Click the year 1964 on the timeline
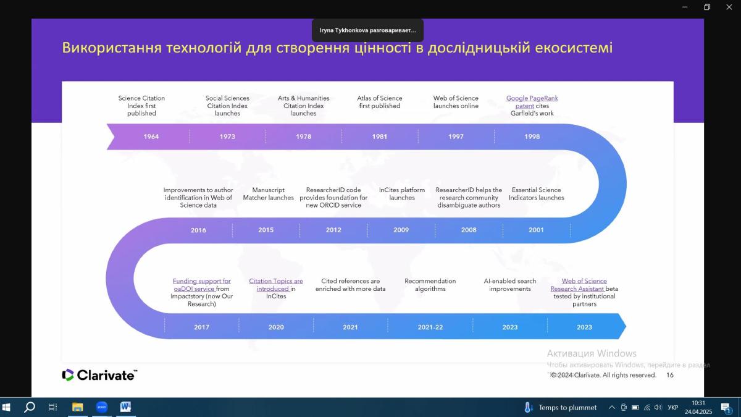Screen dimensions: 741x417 pyautogui.click(x=151, y=137)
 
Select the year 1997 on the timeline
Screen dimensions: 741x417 pyautogui.click(x=456, y=137)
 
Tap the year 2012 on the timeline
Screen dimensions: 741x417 pyautogui.click(x=333, y=230)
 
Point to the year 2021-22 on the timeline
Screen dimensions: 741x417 pyautogui.click(x=430, y=327)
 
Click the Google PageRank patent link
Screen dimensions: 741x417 pyautogui.click(x=532, y=102)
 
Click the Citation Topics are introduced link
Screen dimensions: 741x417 pyautogui.click(x=275, y=285)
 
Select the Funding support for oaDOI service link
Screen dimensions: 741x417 pyautogui.click(x=201, y=285)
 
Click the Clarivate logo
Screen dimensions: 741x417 pyautogui.click(x=99, y=375)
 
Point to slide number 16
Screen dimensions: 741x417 pyautogui.click(x=670, y=375)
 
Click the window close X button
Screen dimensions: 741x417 pyautogui.click(x=729, y=7)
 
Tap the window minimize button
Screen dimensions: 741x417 pyautogui.click(x=685, y=7)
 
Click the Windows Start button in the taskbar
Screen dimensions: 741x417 pyautogui.click(x=7, y=407)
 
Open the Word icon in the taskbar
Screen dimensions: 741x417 pyautogui.click(x=125, y=407)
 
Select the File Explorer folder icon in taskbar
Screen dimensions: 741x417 pyautogui.click(x=78, y=407)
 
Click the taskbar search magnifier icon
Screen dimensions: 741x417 pyautogui.click(x=30, y=407)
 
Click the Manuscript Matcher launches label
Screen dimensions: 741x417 pyautogui.click(x=268, y=194)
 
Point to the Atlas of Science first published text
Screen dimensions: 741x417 pyautogui.click(x=379, y=102)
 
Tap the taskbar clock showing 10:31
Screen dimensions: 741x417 pyautogui.click(x=698, y=403)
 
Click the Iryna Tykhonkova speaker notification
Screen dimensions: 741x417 pyautogui.click(x=367, y=30)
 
